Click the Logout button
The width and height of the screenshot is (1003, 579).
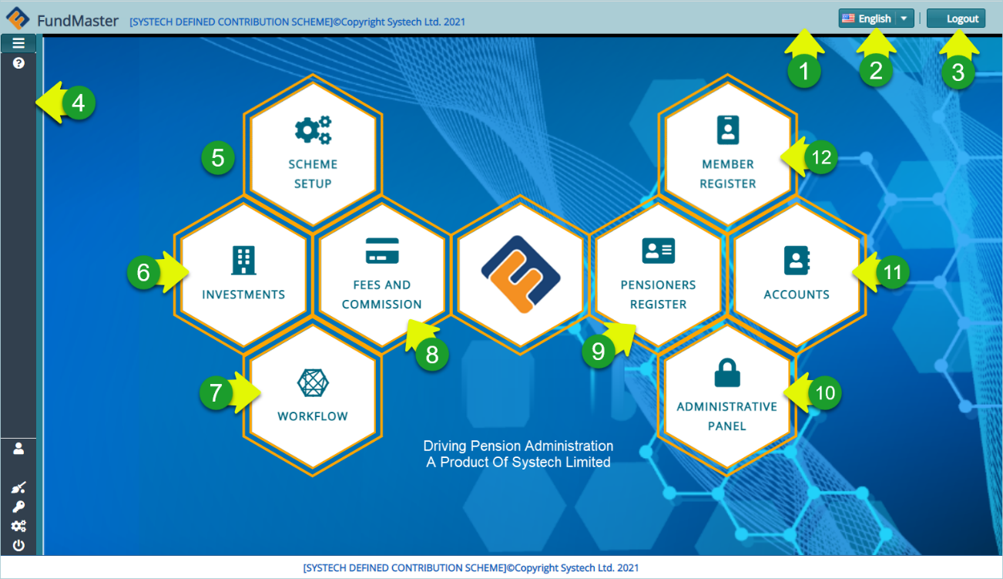[955, 19]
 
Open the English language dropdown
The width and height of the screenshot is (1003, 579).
[875, 19]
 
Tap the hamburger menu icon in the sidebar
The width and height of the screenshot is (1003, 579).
[18, 43]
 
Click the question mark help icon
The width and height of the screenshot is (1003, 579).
[18, 63]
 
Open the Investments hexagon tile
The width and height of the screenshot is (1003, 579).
[243, 273]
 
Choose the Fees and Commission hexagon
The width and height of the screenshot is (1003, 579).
[382, 273]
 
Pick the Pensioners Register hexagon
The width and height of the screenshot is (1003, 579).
[658, 273]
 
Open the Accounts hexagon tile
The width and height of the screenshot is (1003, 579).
[797, 273]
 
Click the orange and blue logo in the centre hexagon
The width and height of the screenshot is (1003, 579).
[520, 274]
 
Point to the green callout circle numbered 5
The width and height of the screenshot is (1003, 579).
[218, 158]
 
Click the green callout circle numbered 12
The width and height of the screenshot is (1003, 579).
[822, 157]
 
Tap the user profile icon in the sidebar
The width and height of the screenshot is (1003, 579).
[18, 448]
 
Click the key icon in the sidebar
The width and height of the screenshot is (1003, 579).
[18, 507]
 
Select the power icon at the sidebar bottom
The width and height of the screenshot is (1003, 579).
[18, 545]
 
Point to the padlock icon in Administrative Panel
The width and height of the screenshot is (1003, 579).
[727, 375]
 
